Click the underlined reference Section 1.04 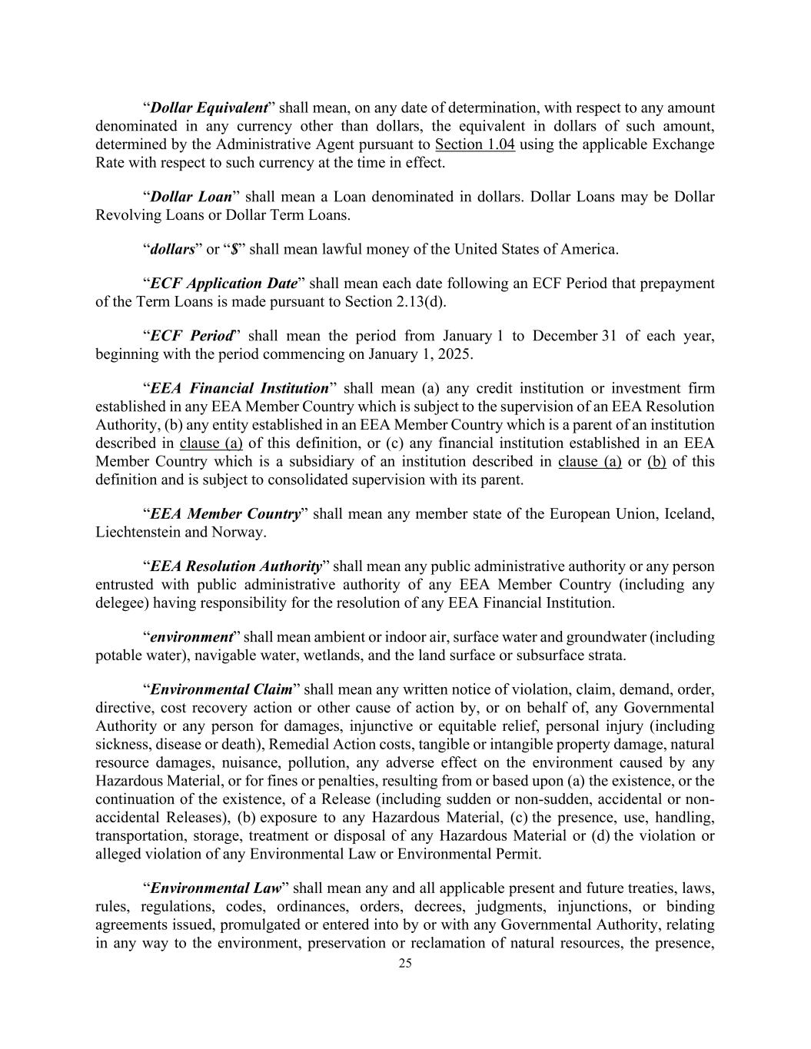(474, 144)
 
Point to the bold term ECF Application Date (224, 284)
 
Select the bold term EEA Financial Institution (239, 388)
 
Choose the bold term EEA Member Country (225, 513)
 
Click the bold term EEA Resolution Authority (236, 566)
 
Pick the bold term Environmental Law (216, 888)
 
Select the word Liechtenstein (136, 532)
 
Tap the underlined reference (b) (656, 461)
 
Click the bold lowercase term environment (191, 637)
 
